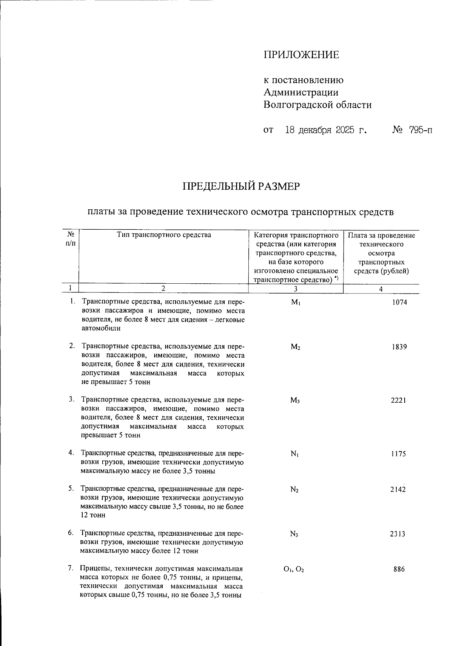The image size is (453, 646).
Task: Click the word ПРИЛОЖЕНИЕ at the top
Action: [x=301, y=55]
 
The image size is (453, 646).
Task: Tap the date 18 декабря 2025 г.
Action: [x=326, y=130]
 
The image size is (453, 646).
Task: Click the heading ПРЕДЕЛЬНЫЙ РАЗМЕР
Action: [x=241, y=187]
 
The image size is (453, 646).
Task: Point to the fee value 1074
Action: [x=399, y=302]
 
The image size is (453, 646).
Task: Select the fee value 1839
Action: [x=399, y=347]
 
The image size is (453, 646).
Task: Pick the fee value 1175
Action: [x=398, y=454]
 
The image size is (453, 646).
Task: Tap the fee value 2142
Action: [x=398, y=490]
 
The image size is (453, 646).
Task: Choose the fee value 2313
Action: [x=398, y=534]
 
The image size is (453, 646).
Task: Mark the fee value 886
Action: [x=399, y=569]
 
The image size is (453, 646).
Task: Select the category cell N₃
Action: [x=294, y=534]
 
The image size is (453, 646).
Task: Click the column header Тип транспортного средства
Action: [x=164, y=235]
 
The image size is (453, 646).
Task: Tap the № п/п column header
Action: [x=70, y=239]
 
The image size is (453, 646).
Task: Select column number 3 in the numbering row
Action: [x=296, y=289]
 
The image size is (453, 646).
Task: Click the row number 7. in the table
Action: [x=71, y=569]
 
